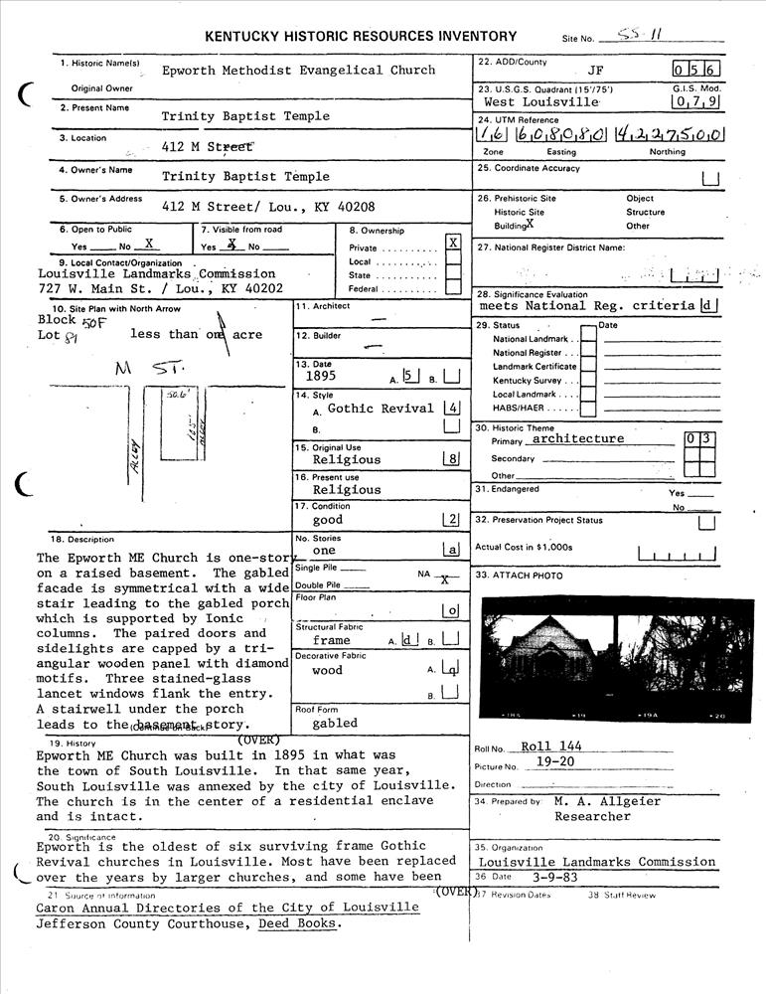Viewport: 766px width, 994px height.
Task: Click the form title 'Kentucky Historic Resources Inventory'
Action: [361, 37]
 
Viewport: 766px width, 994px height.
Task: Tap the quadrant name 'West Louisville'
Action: [541, 102]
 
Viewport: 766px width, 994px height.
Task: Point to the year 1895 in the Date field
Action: [321, 378]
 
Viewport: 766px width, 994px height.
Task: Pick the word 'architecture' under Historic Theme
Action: [577, 438]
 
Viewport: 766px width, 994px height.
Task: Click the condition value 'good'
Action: [327, 520]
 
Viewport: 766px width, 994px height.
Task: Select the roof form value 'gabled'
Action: [334, 724]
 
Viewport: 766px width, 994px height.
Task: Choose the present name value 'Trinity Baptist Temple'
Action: [245, 116]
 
